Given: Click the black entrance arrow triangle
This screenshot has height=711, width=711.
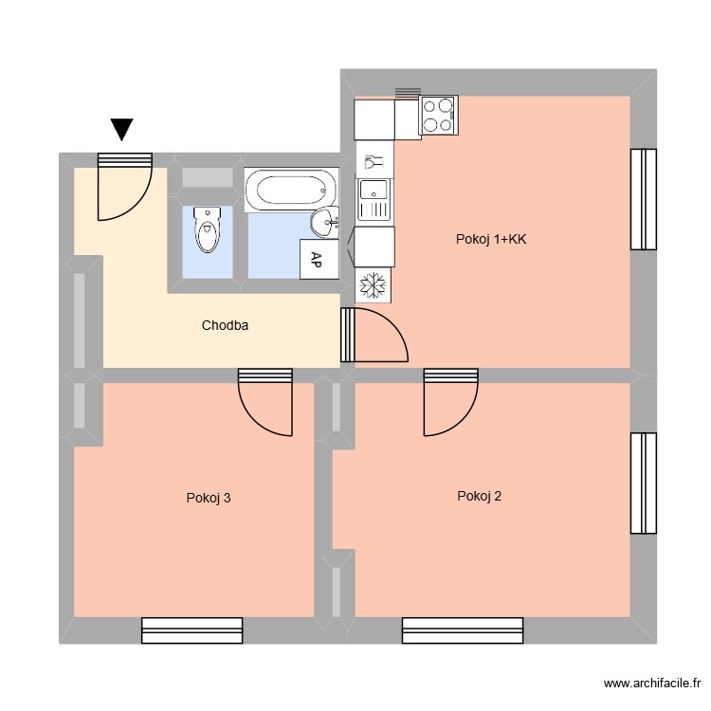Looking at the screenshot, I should [x=122, y=129].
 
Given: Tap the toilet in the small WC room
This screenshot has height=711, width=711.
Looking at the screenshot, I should [x=206, y=228].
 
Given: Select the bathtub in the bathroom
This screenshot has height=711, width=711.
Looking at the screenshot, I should [x=290, y=190].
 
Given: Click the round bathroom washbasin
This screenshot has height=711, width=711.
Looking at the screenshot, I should [x=324, y=223].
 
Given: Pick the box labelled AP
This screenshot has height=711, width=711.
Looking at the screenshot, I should [x=316, y=260].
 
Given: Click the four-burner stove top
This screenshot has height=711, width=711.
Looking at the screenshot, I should [x=439, y=115].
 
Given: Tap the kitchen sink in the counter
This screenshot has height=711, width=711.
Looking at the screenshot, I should [x=374, y=200].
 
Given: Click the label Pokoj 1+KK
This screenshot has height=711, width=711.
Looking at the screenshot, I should [x=491, y=240].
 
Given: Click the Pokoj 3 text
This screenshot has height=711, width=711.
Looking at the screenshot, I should [x=209, y=497].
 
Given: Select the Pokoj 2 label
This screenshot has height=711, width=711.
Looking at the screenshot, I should [x=479, y=495].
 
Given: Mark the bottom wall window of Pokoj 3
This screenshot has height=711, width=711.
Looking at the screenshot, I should [x=192, y=630].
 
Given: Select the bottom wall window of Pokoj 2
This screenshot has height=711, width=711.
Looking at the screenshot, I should [x=462, y=630].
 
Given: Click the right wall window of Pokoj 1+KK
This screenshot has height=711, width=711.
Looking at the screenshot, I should [x=644, y=198].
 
